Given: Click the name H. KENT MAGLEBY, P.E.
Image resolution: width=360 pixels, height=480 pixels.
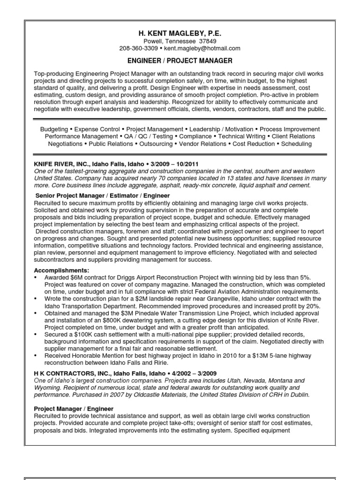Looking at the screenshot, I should pos(180,34).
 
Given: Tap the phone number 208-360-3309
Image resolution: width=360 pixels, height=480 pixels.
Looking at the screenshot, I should pos(138,48).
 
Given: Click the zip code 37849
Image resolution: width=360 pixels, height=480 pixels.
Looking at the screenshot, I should pos(208,41).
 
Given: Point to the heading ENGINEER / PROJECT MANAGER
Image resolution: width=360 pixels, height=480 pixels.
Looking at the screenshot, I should pos(180,61).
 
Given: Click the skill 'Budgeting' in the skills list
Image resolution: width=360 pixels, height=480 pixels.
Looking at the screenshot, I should pos(54,129).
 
